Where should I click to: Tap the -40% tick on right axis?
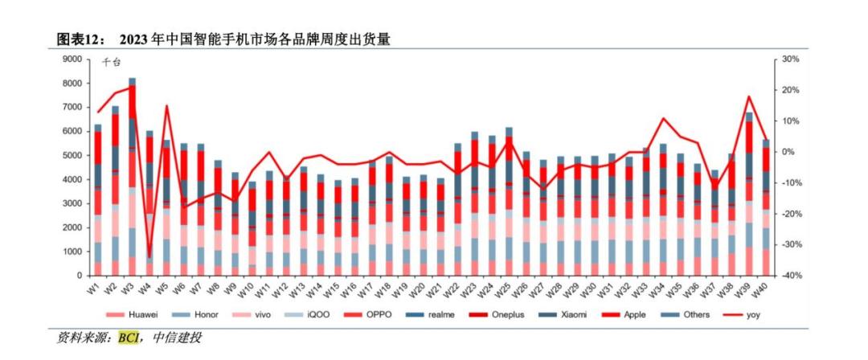click(787, 276)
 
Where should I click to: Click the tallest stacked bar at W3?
click(133, 177)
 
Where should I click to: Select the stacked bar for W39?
click(749, 193)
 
